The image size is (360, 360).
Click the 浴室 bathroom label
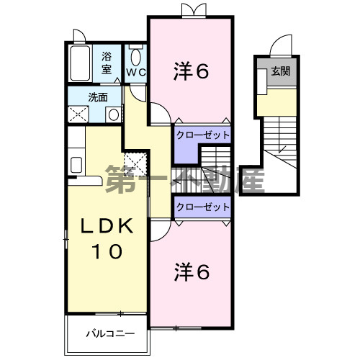coord(106,63)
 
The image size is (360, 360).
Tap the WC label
coord(136,73)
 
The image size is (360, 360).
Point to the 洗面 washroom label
coord(98,96)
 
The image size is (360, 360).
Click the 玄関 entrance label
coord(280,72)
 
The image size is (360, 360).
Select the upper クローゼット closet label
coord(202,135)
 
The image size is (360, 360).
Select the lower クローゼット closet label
coord(202,207)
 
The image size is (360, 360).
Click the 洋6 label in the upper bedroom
coord(191,71)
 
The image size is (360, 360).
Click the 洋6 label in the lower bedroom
coord(191,271)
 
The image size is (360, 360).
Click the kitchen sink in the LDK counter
coord(76,163)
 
